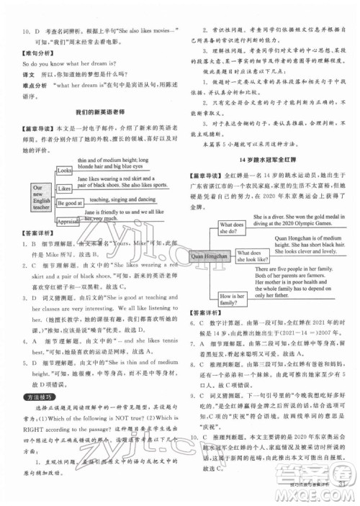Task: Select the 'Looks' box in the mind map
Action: click(x=64, y=171)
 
